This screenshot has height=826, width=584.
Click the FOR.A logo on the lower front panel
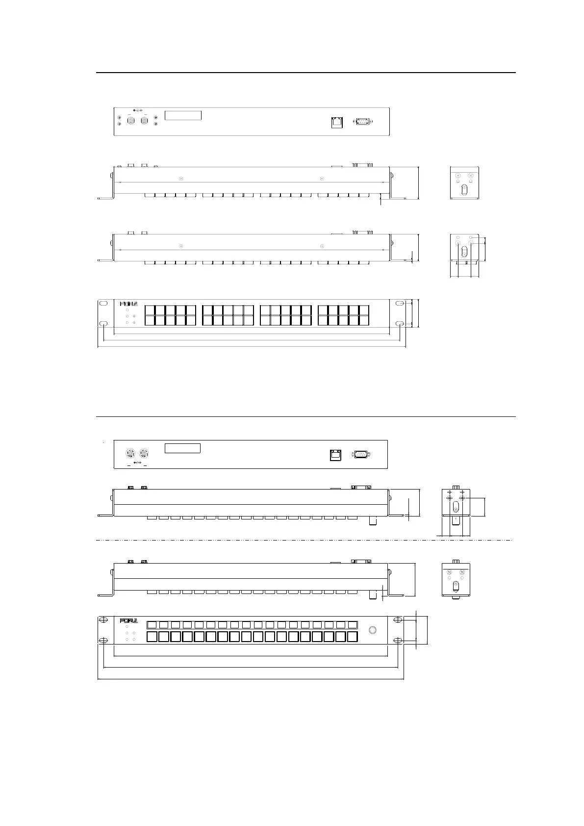[x=129, y=621]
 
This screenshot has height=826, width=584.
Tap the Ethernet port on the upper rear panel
[x=336, y=122]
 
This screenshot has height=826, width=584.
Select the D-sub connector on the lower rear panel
[x=360, y=455]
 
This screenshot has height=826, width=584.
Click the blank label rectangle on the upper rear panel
[x=183, y=116]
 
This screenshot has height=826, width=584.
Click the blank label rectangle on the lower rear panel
[x=182, y=448]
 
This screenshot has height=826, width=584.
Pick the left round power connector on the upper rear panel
[x=131, y=120]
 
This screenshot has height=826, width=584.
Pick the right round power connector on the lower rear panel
[x=144, y=453]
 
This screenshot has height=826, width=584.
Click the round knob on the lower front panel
[x=372, y=630]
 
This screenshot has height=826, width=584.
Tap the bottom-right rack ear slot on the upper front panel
[x=400, y=324]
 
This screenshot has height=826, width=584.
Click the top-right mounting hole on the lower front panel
[x=398, y=619]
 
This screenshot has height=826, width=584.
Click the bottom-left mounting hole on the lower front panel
[x=103, y=641]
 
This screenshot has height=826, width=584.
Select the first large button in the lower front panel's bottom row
[x=152, y=637]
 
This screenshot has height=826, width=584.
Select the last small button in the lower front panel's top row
[x=353, y=625]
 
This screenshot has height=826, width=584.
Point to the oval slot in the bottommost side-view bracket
[x=456, y=586]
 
